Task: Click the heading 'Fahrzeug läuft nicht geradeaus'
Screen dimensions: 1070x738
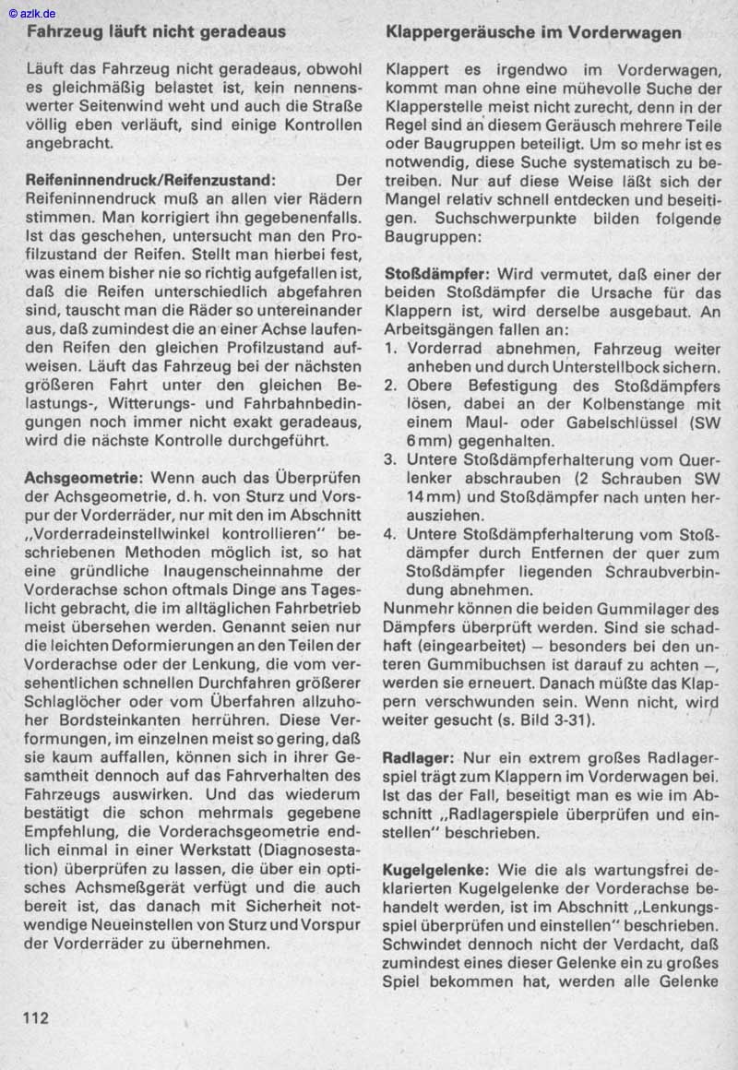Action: point(156,31)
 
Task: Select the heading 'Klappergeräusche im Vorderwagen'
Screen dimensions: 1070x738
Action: point(534,32)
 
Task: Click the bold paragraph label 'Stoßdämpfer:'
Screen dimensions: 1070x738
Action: point(436,275)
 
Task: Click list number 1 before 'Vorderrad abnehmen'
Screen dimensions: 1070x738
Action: point(390,350)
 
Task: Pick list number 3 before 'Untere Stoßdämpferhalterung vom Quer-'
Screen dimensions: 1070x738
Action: point(390,459)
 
